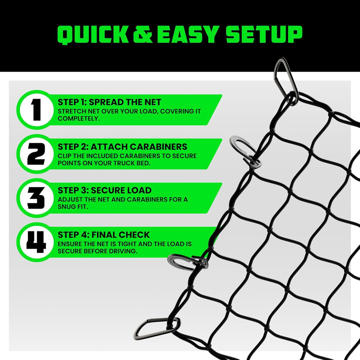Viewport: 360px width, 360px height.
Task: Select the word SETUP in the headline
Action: (x=263, y=34)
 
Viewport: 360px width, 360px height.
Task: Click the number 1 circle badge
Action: (x=36, y=110)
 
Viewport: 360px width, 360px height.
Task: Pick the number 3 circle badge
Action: (x=36, y=198)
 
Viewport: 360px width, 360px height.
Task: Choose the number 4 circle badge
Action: (x=36, y=242)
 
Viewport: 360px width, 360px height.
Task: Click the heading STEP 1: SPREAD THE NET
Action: (x=110, y=102)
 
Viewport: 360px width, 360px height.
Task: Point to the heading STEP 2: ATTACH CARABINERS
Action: (x=122, y=147)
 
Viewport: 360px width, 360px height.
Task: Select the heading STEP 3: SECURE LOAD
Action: (x=105, y=190)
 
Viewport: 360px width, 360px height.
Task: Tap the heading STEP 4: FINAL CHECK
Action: (x=104, y=235)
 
